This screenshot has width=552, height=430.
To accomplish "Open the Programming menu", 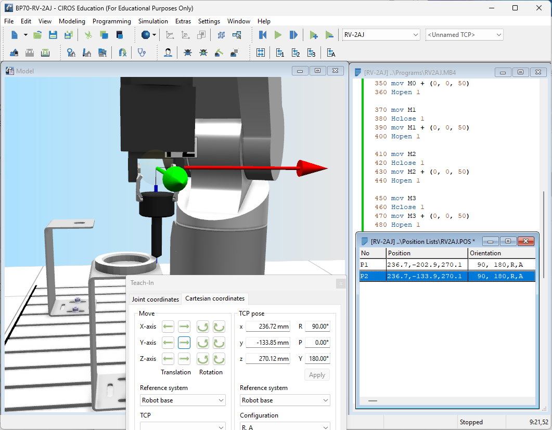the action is coord(112,21).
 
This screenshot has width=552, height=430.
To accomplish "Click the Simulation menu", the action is coord(153,21).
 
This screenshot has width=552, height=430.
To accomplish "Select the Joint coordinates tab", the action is coord(155,299).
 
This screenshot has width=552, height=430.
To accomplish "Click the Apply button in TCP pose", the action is coord(317,375).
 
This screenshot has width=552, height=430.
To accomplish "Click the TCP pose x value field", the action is coord(268,326).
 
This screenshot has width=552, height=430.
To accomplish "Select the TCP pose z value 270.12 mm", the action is coord(268,359).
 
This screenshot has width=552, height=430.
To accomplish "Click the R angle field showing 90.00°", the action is coord(317,326).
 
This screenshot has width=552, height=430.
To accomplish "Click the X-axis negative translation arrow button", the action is coord(168,327).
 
